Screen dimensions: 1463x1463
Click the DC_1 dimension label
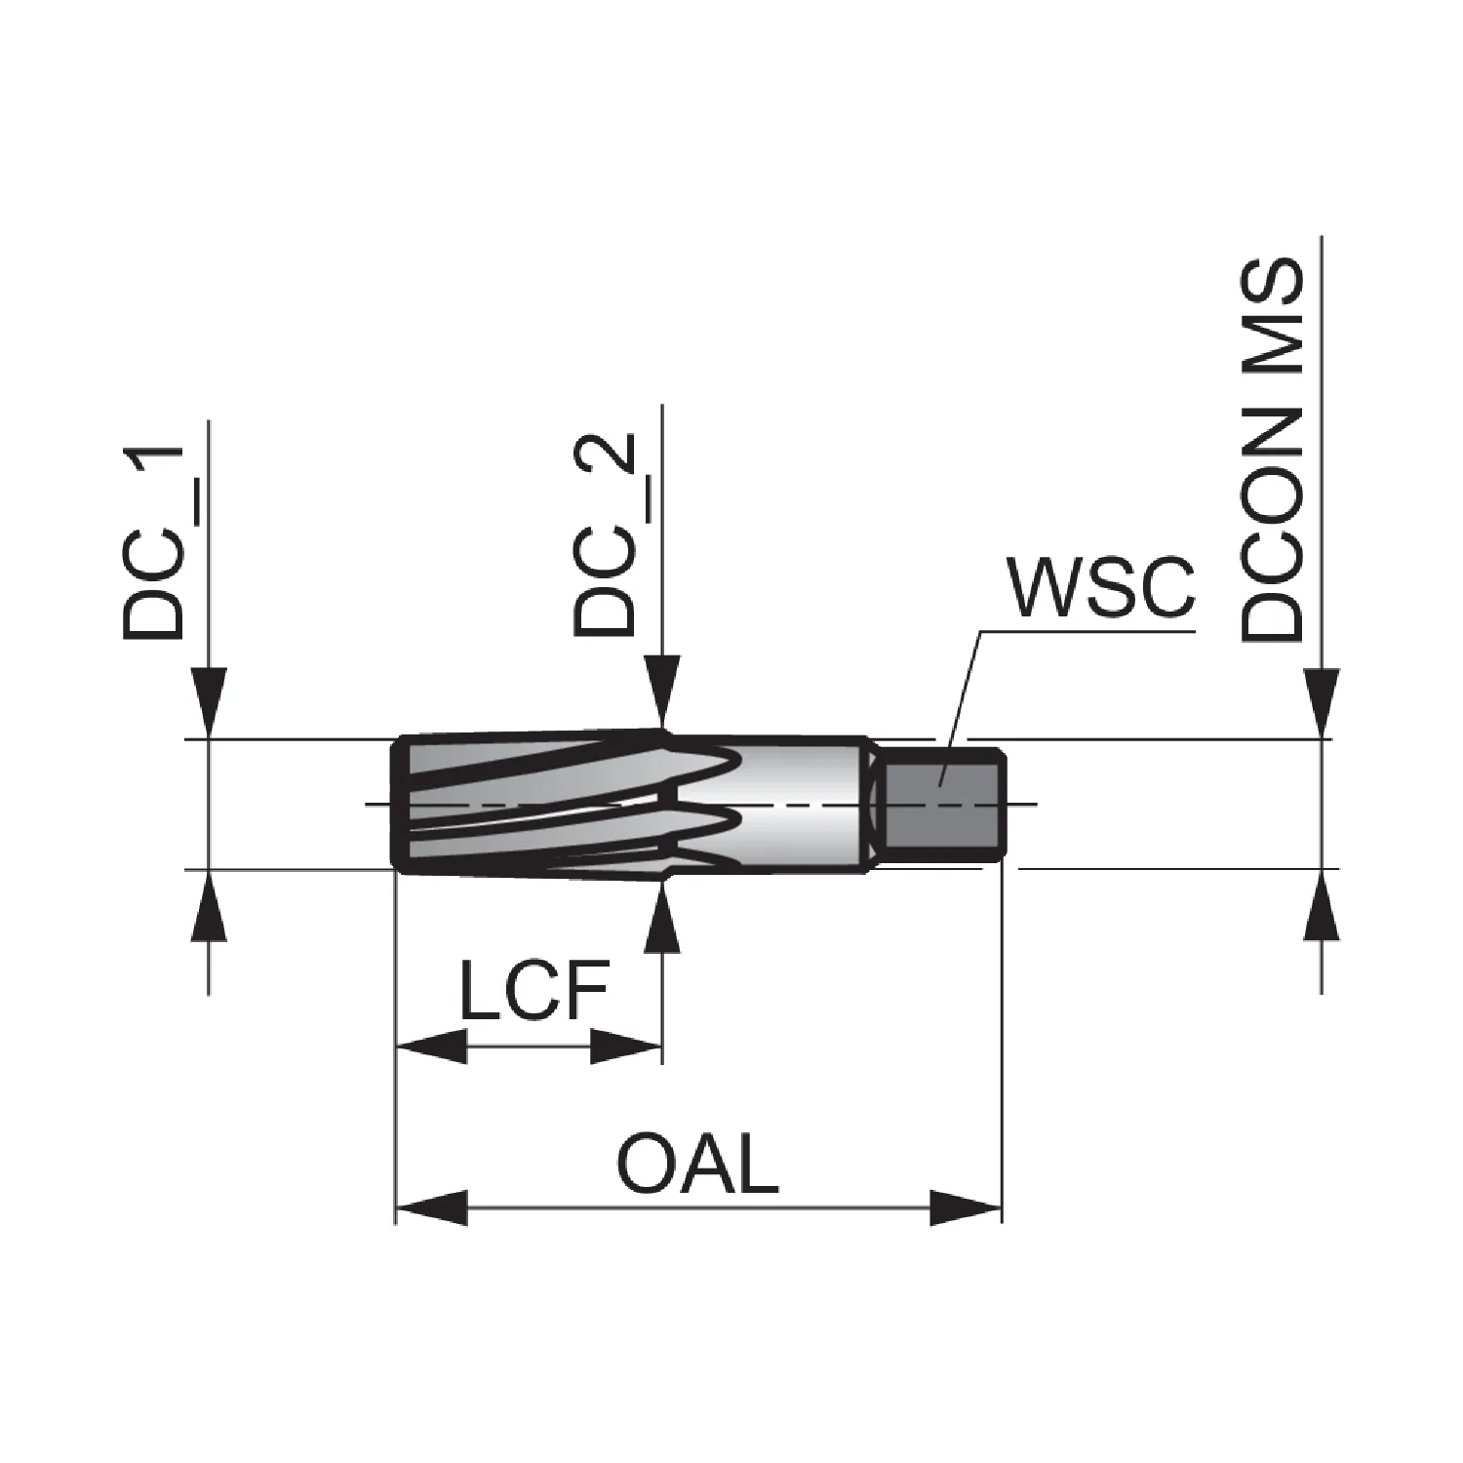tap(153, 541)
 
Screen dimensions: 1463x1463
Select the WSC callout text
tap(1103, 588)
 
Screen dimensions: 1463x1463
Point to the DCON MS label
tap(1272, 450)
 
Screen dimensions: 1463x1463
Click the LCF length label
tap(534, 992)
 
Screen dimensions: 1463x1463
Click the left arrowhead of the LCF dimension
tap(432, 1048)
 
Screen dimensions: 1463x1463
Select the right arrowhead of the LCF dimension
tap(626, 1048)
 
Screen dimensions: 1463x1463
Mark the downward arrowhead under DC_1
tap(209, 702)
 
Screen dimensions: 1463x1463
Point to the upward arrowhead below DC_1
tap(209, 905)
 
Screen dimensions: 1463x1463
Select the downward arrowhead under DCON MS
tap(1322, 702)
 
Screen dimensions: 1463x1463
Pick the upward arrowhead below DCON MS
tap(1322, 905)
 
